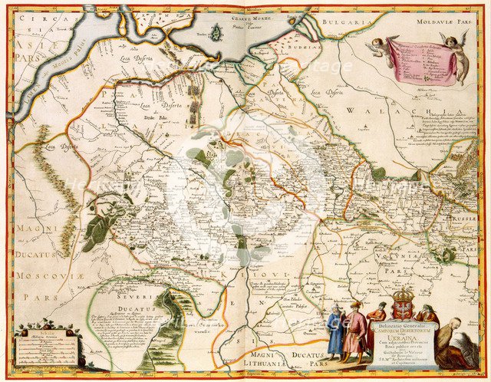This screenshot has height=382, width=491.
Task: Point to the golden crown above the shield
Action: pos(402,295)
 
